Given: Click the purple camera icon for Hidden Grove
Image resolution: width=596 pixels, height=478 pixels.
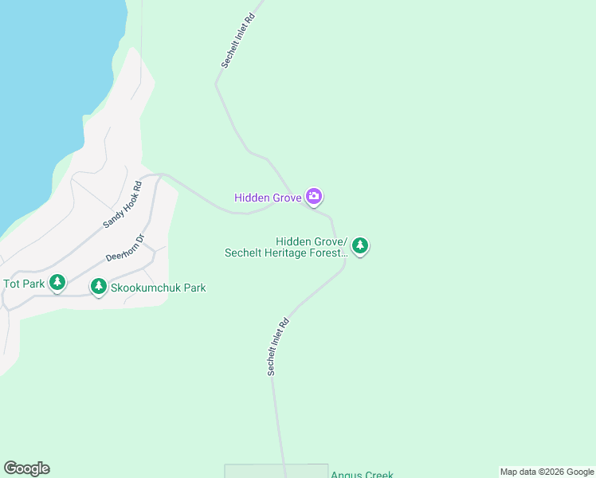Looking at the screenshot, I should click(314, 196).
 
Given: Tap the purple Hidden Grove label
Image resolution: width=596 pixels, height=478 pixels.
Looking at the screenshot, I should click(268, 198).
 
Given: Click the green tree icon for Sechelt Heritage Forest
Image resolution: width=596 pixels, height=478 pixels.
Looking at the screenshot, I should click(360, 245).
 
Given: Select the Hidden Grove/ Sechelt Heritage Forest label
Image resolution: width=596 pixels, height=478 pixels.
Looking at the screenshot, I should click(286, 247).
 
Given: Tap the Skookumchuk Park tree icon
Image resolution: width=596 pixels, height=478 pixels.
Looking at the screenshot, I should click(99, 286).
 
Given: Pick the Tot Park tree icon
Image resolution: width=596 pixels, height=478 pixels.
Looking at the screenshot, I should click(57, 282).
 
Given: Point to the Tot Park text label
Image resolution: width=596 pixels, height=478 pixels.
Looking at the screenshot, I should click(24, 284).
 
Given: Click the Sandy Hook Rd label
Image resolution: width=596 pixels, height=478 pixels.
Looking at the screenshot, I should click(122, 206).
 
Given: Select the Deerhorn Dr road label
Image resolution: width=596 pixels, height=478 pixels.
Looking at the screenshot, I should click(124, 247).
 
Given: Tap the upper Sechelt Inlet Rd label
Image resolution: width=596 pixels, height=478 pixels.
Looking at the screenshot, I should click(237, 40).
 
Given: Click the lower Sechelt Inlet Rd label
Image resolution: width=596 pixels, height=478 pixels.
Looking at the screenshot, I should click(277, 347).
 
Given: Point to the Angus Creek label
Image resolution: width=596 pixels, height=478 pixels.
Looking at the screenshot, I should click(363, 475).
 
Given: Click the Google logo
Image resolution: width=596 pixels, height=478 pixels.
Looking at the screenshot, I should click(26, 468).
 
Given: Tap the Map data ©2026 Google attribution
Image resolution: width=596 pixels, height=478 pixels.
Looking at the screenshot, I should click(547, 472).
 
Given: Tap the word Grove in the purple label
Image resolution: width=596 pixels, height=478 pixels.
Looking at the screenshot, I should click(285, 198).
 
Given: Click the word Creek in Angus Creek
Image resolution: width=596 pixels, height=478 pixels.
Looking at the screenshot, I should click(378, 475).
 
